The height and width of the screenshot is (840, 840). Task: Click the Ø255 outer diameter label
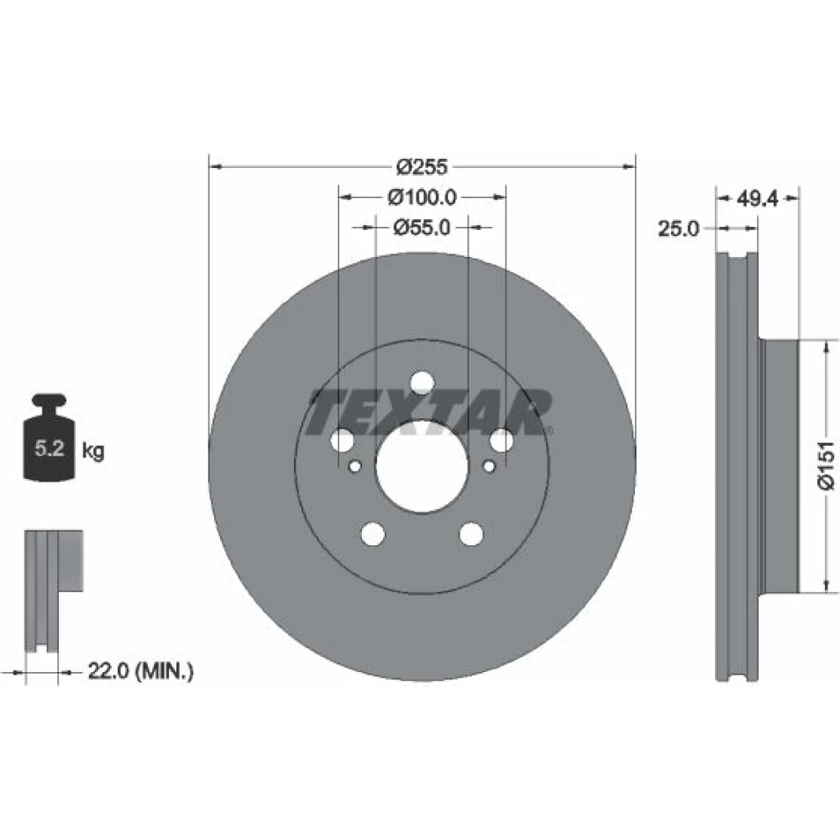pyautogui.click(x=422, y=166)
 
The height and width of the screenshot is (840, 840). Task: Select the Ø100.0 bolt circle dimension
pyautogui.click(x=423, y=197)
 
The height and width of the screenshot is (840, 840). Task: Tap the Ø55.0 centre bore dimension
pyautogui.click(x=422, y=228)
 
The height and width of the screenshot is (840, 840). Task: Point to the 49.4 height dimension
pyautogui.click(x=757, y=199)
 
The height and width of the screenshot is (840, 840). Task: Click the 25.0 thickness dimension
pyautogui.click(x=679, y=228)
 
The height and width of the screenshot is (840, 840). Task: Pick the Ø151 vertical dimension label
pyautogui.click(x=826, y=465)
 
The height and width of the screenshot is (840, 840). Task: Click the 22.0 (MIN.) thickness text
pyautogui.click(x=140, y=670)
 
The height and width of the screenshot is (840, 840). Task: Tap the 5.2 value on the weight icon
pyautogui.click(x=50, y=448)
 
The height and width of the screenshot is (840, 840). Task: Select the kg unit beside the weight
pyautogui.click(x=93, y=451)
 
